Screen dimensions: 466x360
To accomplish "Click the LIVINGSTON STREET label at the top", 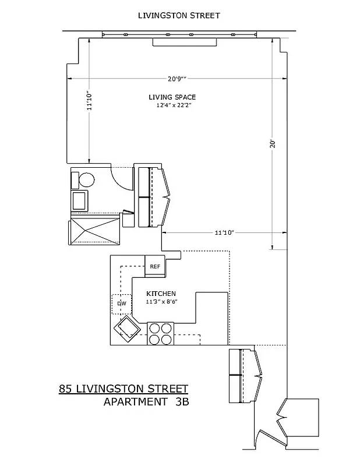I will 179,16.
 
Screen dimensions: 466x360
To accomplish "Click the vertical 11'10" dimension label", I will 89,100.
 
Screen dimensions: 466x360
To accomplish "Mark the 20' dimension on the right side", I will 272,143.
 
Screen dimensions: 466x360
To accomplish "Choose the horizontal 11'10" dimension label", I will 224,233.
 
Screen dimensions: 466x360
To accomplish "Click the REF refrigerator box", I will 156,266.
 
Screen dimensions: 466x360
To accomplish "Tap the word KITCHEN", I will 161,294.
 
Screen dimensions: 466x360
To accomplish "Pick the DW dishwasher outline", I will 121,303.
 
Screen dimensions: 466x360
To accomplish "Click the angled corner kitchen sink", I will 127,330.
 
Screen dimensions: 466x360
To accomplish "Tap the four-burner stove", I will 160,333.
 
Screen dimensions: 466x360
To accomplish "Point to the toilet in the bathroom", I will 85,180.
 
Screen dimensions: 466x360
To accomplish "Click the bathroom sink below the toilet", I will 79,201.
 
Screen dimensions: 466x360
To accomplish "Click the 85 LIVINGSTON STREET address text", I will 123,389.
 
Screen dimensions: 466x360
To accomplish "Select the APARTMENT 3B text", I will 146,401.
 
